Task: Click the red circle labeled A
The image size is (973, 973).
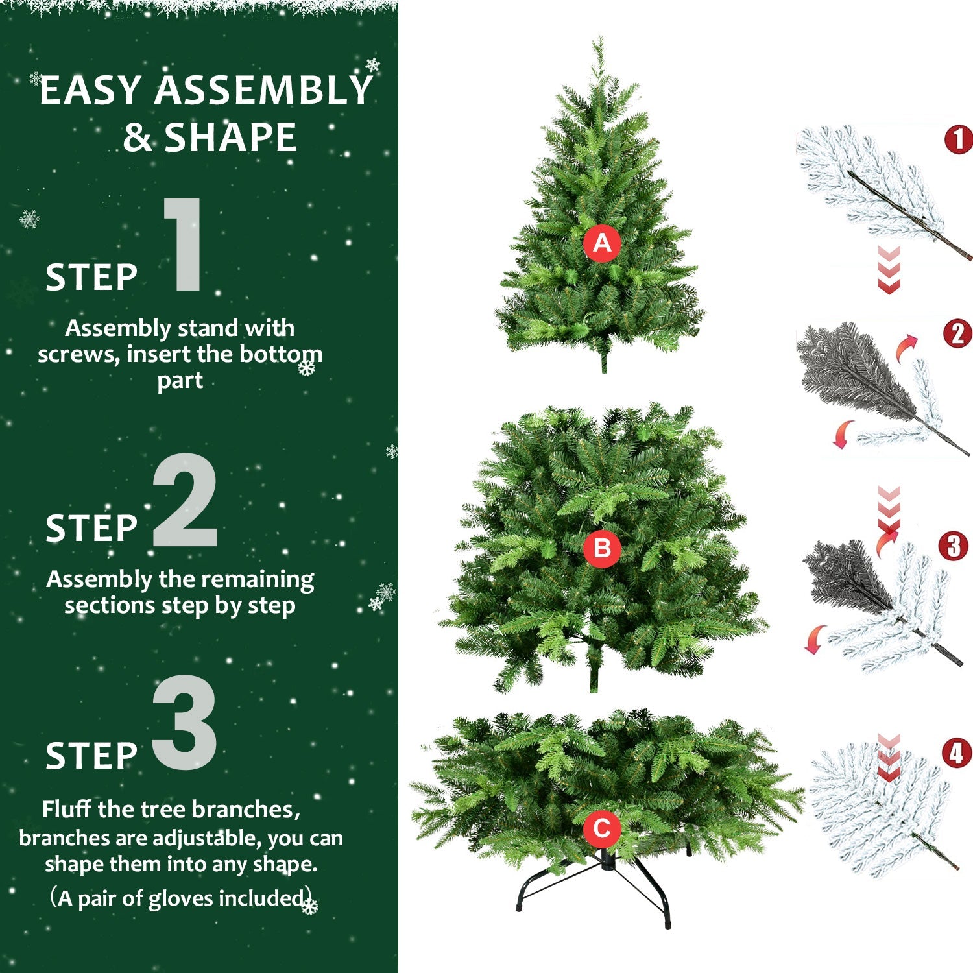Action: coord(602,243)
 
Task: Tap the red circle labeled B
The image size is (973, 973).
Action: coord(602,549)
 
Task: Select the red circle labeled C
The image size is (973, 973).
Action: coord(602,828)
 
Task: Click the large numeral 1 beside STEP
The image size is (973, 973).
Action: coord(184,245)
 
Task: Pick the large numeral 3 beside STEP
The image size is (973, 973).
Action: coord(185,723)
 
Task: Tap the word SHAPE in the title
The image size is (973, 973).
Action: coord(230,138)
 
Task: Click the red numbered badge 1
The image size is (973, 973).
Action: coord(959,139)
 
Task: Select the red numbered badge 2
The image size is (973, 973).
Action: coord(957,334)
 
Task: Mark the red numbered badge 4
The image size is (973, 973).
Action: coord(957,753)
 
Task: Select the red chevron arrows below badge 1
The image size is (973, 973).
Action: coord(889,269)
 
